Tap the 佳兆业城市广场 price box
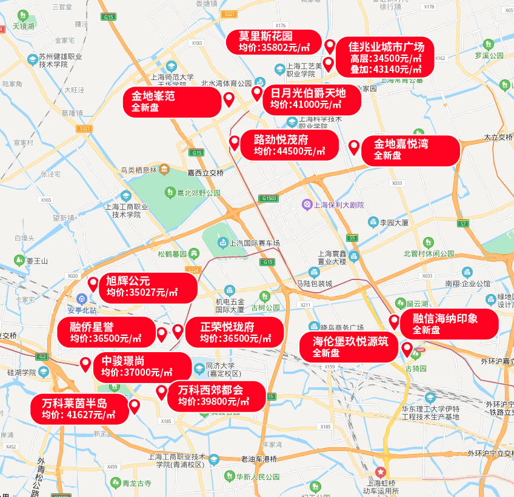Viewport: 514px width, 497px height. pyautogui.click(x=386, y=58)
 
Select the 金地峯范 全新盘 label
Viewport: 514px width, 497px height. pyautogui.click(x=173, y=102)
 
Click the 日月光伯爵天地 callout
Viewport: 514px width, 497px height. pyautogui.click(x=308, y=99)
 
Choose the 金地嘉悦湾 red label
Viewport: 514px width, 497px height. pyautogui.click(x=410, y=150)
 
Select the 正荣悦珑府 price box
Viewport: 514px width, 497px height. pyautogui.click(x=233, y=333)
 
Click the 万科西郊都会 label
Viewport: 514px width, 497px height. pyautogui.click(x=216, y=396)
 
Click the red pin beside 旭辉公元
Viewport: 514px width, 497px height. pyautogui.click(x=93, y=283)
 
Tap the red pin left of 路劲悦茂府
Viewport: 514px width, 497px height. pyautogui.click(x=234, y=143)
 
